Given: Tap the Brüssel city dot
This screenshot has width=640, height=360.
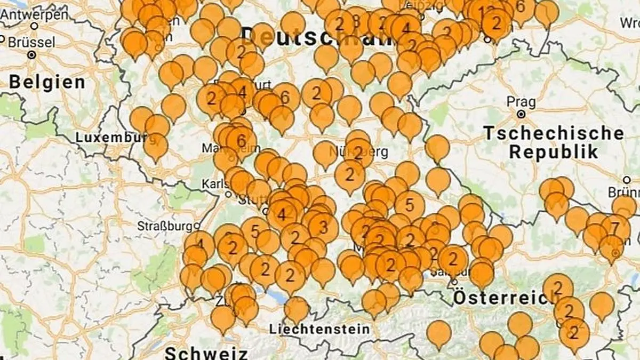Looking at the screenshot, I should click(32, 54).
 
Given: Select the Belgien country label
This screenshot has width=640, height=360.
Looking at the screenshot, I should click(47, 83).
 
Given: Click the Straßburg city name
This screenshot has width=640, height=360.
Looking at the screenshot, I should click(165, 226).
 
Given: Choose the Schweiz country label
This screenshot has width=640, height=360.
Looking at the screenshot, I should click(206, 353).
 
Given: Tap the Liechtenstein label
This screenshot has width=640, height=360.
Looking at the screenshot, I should click(319, 329).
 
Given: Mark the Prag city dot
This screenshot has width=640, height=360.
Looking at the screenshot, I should click(521, 114).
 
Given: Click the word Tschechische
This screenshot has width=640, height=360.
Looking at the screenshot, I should click(554, 133).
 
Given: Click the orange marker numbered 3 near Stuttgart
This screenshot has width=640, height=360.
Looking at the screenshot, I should click(323, 227).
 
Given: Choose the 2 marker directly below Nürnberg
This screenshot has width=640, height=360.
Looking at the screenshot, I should click(350, 174).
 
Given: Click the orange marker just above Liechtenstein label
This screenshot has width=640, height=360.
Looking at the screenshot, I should click(297, 308).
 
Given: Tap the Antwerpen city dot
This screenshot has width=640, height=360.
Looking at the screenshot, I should click(35, 25).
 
